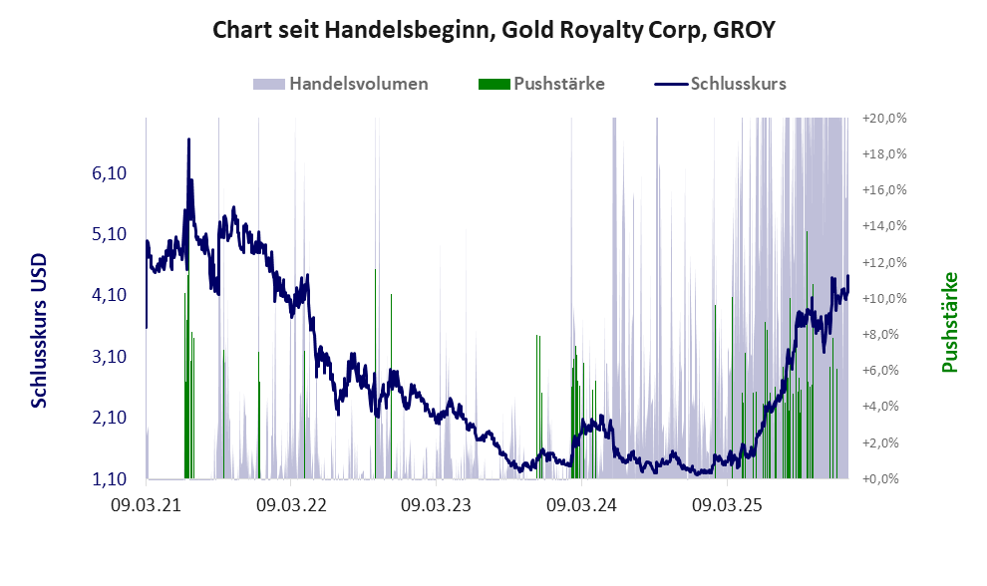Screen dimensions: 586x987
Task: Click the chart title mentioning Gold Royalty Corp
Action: click(493, 31)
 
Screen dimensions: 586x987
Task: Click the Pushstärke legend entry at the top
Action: click(558, 84)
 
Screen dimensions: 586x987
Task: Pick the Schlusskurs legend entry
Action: click(738, 84)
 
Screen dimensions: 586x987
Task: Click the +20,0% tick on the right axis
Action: click(883, 118)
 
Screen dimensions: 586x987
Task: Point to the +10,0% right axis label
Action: click(883, 298)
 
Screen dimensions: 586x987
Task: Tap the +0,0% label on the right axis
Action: click(883, 478)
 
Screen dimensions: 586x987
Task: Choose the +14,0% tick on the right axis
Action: click(883, 226)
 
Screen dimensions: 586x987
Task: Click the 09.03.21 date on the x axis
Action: click(147, 505)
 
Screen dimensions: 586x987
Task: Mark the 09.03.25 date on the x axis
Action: click(727, 505)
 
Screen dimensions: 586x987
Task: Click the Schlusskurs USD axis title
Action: click(41, 330)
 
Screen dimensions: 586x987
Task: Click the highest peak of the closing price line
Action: click(188, 141)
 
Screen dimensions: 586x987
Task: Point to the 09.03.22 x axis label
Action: click(291, 505)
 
